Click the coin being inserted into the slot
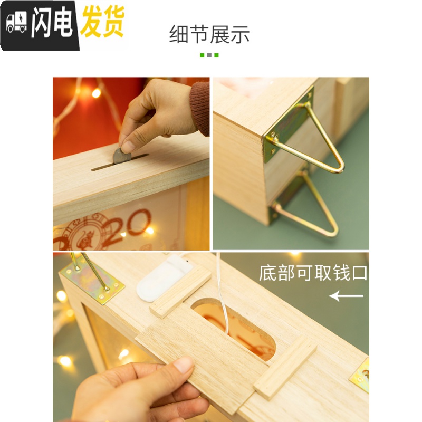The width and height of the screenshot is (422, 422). pyautogui.click(x=122, y=156)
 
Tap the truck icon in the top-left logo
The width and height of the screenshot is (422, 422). pyautogui.click(x=16, y=23)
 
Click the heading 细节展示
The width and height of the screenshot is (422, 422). pyautogui.click(x=209, y=35)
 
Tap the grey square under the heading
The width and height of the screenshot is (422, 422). pyautogui.click(x=209, y=55)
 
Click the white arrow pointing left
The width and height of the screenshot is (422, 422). pyautogui.click(x=346, y=296)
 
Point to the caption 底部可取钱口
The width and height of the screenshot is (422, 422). pyautogui.click(x=313, y=273)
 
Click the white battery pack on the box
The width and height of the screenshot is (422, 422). pyautogui.click(x=164, y=276)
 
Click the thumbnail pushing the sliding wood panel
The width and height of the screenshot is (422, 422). pyautogui.click(x=184, y=365)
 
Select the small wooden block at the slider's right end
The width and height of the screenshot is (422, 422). pyautogui.click(x=285, y=367)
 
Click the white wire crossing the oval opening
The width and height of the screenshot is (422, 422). pyautogui.click(x=224, y=311)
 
